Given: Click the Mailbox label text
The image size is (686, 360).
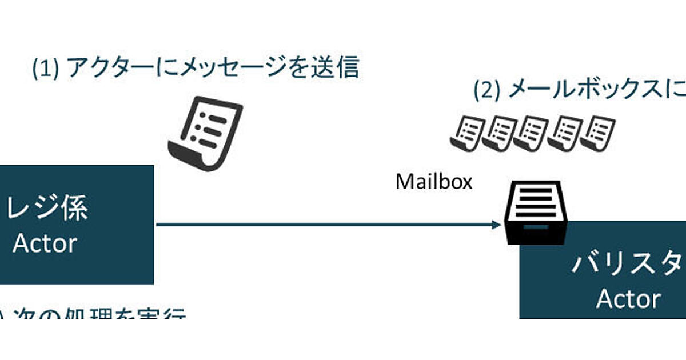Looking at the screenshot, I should pos(434,182).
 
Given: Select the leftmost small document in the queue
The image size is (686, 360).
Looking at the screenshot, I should pos(466,133).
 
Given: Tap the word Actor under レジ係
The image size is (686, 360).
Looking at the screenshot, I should pos(45,243).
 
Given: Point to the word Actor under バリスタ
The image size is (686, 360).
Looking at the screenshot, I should pos(628,299).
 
